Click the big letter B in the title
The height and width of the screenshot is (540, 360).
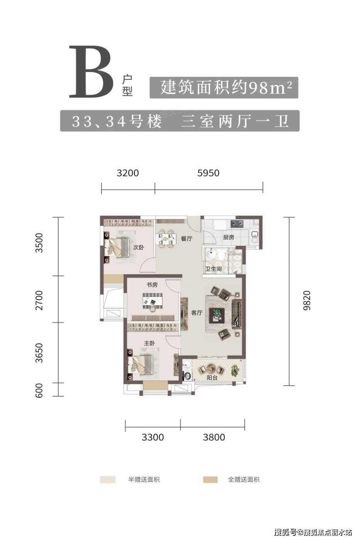[x=91, y=72]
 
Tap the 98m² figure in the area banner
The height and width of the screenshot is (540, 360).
[x=270, y=88]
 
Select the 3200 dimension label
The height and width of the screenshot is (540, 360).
[x=128, y=173]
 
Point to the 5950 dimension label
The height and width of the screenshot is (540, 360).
[x=208, y=173]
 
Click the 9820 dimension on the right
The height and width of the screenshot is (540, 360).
[x=307, y=300]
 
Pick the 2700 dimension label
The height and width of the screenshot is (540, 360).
[x=39, y=300]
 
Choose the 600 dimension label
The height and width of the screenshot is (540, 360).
[x=39, y=390]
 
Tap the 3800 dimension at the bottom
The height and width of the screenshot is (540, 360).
[x=214, y=437]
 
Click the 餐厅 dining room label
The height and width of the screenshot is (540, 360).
[x=187, y=239]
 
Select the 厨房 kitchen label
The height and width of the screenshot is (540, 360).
[x=228, y=238]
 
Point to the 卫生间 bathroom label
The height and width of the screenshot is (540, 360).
[x=213, y=269]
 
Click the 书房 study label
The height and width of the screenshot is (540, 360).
[x=152, y=285]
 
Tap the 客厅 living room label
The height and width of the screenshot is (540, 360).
[x=196, y=313]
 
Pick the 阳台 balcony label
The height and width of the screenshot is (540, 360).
[x=212, y=378]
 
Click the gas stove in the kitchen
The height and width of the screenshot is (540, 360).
[x=237, y=224]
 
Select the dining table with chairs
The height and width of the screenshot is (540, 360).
[x=166, y=239]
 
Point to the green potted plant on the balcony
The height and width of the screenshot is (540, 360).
[x=236, y=370]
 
